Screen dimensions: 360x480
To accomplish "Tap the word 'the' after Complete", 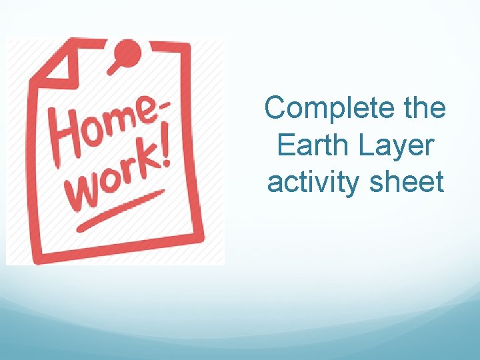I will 424,108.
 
